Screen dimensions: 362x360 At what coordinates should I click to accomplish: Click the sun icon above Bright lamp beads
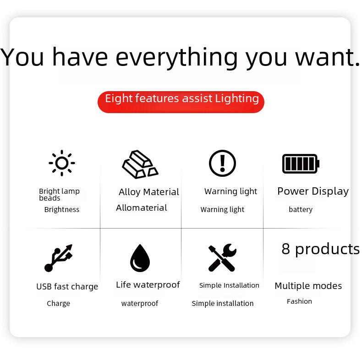coord(62,163)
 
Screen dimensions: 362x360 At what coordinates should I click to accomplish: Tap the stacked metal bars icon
coord(140,164)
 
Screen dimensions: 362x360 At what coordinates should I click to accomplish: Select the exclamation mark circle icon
coord(222,163)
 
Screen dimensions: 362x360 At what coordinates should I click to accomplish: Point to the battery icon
coord(301,164)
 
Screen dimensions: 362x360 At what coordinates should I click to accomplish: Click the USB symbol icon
coord(58,258)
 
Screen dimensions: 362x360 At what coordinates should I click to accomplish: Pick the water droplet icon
coord(140,258)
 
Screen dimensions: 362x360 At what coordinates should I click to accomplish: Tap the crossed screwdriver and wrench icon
coord(222,257)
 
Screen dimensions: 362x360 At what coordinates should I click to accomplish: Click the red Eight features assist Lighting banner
coord(181,102)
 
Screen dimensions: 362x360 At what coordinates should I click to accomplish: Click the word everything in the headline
coord(176,57)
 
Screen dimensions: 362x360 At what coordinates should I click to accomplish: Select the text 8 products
coord(320,250)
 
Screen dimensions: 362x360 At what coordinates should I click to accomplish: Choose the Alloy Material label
coord(149,192)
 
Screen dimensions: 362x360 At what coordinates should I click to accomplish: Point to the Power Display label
coord(313,191)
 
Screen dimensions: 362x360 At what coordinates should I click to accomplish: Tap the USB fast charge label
coord(67,287)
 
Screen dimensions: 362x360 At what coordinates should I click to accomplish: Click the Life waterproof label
coord(148,285)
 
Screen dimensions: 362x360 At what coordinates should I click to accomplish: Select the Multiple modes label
coord(308,286)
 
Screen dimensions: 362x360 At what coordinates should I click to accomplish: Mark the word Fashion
coord(299,301)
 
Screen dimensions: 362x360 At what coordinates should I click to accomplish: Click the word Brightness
coord(62,209)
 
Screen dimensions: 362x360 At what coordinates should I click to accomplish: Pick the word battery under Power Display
coord(301,209)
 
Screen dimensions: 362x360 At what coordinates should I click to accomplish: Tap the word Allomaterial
coord(142,207)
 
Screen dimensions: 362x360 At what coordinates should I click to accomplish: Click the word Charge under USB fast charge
coord(58,304)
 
